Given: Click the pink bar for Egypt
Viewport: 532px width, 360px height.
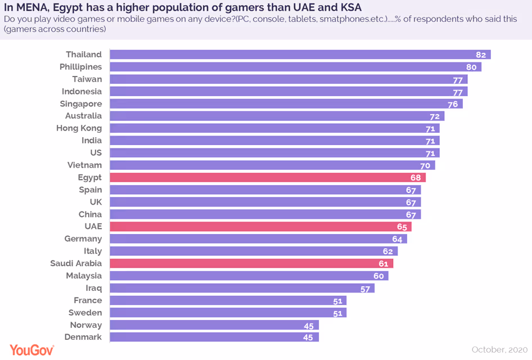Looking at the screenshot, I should (267, 178).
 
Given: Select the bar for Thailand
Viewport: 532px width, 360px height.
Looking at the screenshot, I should (300, 55).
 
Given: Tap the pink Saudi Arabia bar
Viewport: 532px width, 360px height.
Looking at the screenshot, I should (251, 263).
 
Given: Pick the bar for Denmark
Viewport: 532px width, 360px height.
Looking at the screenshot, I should (214, 337).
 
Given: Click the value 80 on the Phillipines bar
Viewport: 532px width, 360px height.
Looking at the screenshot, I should (471, 67).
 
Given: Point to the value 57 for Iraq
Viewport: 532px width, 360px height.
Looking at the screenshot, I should (364, 288).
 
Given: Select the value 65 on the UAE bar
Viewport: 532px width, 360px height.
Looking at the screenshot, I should (402, 227).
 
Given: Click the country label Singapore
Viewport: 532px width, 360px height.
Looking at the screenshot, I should (81, 103).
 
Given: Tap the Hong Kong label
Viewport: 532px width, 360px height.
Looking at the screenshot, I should (79, 128).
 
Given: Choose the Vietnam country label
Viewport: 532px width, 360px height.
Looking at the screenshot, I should (85, 165).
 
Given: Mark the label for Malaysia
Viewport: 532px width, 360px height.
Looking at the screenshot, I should (84, 276).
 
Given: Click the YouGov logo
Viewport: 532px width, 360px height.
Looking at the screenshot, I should (31, 350).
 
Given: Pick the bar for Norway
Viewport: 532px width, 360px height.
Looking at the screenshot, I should (214, 325).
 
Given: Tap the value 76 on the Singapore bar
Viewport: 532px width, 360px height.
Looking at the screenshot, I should (453, 104).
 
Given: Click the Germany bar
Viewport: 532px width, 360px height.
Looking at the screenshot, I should (258, 239).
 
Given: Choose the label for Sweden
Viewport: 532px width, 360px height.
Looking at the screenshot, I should (85, 313).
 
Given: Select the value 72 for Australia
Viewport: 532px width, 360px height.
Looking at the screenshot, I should (434, 116).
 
